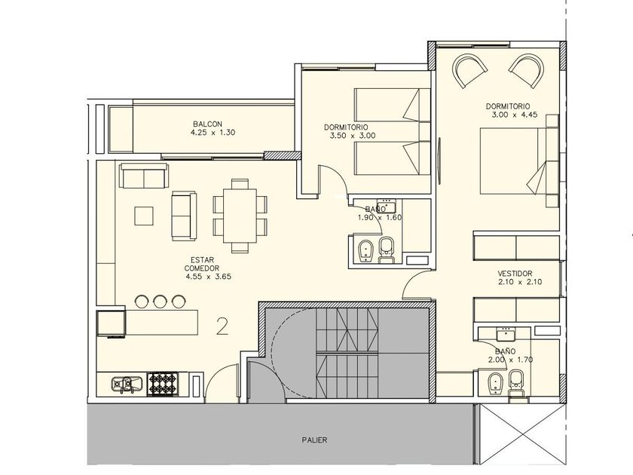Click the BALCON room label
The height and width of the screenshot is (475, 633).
click(x=207, y=124)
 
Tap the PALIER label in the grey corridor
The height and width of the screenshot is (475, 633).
click(x=314, y=440)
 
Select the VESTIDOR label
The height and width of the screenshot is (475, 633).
click(x=515, y=274)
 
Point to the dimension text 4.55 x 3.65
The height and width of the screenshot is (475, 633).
click(x=208, y=277)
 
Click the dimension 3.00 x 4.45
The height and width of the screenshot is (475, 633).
click(x=514, y=115)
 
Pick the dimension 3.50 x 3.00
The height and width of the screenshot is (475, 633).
click(x=353, y=136)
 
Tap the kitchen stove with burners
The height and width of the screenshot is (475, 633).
click(x=163, y=383)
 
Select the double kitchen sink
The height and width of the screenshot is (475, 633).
click(x=127, y=385)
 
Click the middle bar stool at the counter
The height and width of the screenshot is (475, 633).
click(x=161, y=302)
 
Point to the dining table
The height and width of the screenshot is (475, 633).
click(x=240, y=216)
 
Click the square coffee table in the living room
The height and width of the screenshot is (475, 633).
click(x=144, y=216)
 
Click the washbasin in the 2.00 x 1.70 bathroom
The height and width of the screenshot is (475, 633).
click(x=505, y=335)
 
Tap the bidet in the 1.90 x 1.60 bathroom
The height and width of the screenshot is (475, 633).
click(x=366, y=251)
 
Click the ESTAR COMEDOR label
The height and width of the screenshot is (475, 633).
click(x=202, y=264)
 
